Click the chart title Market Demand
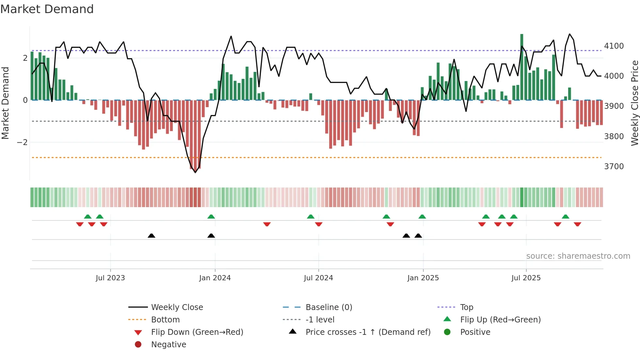pyautogui.click(x=47, y=9)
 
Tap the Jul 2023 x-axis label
pyautogui.click(x=110, y=278)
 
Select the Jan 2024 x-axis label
pyautogui.click(x=215, y=278)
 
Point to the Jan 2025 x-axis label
pyautogui.click(x=423, y=278)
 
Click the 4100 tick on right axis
pyautogui.click(x=614, y=46)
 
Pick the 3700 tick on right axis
pyautogui.click(x=614, y=166)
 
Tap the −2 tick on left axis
pyautogui.click(x=22, y=142)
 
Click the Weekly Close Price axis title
pyautogui.click(x=634, y=103)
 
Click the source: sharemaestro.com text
pyautogui.click(x=578, y=256)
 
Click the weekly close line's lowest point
pyautogui.click(x=196, y=172)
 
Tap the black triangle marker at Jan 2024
pyautogui.click(x=211, y=236)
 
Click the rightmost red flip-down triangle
pyautogui.click(x=577, y=224)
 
